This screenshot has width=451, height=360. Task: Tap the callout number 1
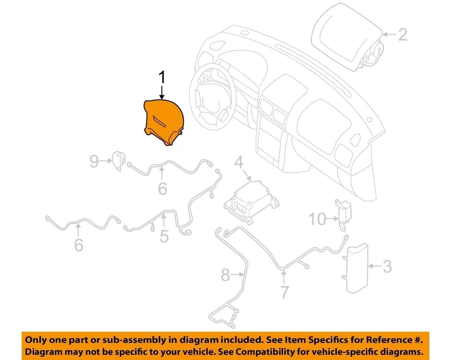[162, 78]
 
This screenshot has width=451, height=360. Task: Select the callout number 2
[402, 34]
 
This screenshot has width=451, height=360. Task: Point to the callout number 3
[386, 267]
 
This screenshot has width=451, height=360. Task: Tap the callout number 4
[239, 164]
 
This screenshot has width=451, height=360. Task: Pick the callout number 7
[285, 292]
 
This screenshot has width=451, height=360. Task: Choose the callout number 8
[225, 274]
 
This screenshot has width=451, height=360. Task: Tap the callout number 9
[94, 162]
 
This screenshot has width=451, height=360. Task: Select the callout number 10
[317, 219]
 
